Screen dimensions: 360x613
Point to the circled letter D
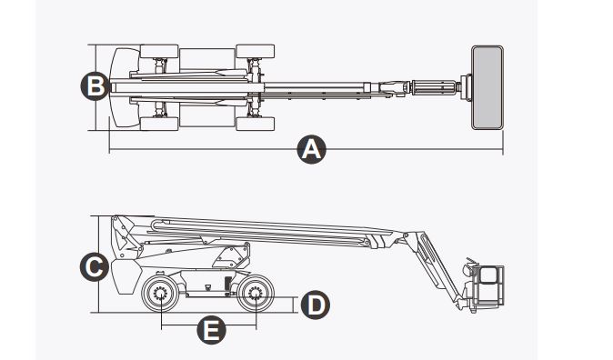point(314,304)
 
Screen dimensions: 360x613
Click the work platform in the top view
point(489,87)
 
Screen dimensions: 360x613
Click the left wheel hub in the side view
point(161,295)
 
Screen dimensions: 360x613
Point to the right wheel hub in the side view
point(256,295)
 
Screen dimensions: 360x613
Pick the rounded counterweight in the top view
point(117,87)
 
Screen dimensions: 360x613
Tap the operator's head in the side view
point(470,268)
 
